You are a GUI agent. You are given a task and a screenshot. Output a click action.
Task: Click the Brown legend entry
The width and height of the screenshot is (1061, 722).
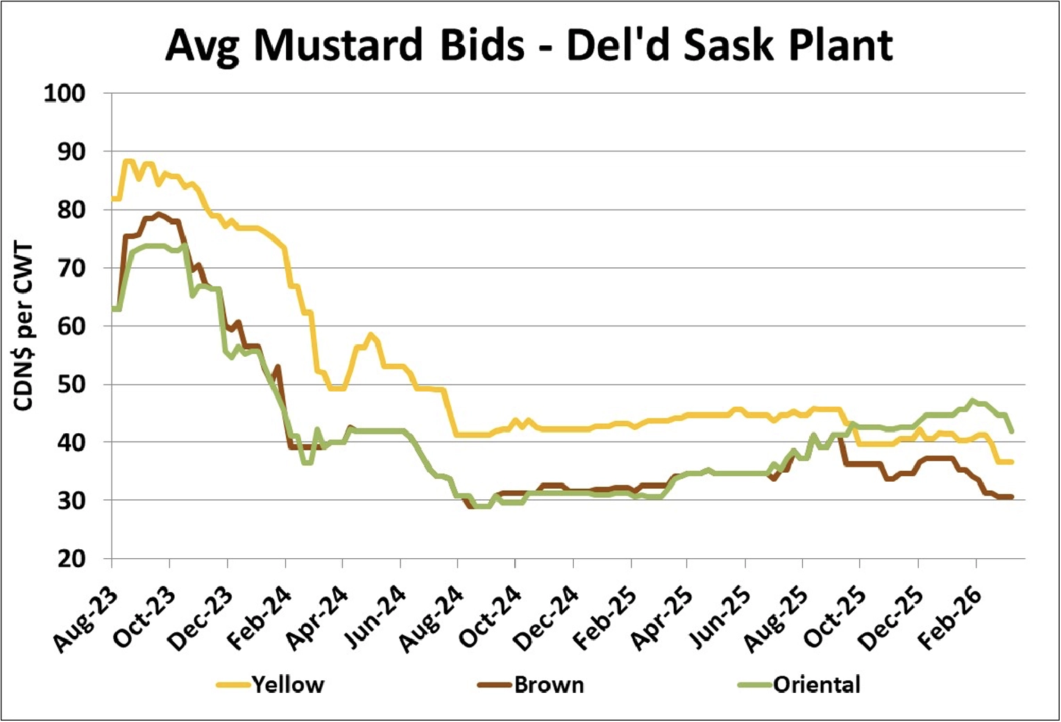(549, 685)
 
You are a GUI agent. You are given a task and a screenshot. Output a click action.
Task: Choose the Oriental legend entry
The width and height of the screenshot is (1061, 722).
(817, 685)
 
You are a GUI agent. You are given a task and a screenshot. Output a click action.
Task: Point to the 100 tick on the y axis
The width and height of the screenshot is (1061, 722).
(65, 93)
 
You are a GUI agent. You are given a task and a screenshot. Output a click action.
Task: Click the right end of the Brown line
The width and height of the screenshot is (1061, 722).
(1012, 496)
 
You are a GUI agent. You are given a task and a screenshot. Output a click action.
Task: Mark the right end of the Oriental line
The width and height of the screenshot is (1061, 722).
(1012, 431)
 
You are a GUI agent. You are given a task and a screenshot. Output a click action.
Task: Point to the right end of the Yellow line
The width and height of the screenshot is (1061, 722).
(1012, 462)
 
